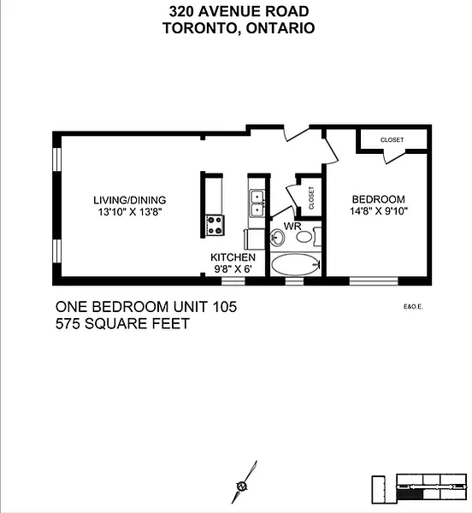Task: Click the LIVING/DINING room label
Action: (130, 200)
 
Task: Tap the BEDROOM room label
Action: (379, 199)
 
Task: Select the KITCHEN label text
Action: (233, 257)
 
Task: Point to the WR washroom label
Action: (292, 226)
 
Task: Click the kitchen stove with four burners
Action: (215, 226)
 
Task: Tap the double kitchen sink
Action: (257, 203)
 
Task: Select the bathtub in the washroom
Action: (295, 264)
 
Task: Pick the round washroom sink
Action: (277, 237)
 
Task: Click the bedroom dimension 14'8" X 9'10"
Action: (379, 211)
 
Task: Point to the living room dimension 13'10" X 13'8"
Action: (130, 212)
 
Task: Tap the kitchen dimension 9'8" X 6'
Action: (233, 269)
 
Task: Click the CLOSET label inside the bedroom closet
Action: (392, 139)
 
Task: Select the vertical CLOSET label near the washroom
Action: (311, 198)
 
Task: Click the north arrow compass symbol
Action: (244, 482)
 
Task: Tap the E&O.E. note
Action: (414, 307)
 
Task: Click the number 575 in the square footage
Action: (68, 324)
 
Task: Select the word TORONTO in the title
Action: (199, 28)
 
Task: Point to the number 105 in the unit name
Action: (224, 307)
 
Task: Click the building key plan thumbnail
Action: (419, 489)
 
